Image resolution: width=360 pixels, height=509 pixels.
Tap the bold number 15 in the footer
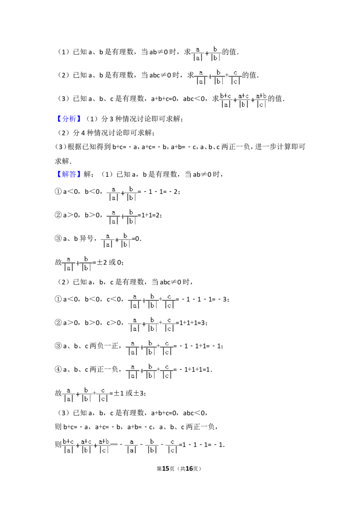tap(166, 469)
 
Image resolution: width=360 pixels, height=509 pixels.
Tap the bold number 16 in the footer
tap(189, 469)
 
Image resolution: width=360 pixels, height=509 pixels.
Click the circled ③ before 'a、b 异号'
tap(58, 239)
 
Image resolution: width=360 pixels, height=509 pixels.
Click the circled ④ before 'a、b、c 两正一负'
tap(58, 370)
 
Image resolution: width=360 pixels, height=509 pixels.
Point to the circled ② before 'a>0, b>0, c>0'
tap(58, 323)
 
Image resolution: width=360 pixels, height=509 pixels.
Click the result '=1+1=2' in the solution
tap(149, 215)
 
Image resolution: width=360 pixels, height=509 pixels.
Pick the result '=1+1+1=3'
tap(191, 323)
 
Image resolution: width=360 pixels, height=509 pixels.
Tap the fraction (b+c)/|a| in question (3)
tap(225, 100)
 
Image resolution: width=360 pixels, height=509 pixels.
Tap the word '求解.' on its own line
tap(63, 161)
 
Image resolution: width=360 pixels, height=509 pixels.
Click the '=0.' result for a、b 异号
tap(136, 239)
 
